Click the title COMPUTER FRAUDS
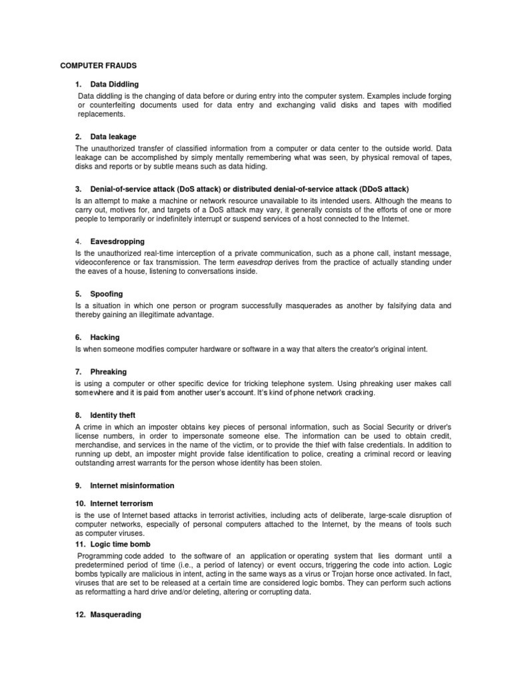tap(98, 66)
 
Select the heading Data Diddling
tap(115, 85)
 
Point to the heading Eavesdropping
tap(117, 241)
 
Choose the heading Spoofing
tap(107, 293)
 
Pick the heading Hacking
tap(105, 337)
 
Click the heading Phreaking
tap(109, 371)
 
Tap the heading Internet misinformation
tap(132, 485)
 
